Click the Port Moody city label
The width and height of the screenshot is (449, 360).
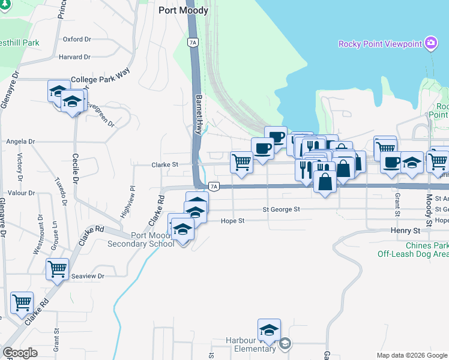(183, 10)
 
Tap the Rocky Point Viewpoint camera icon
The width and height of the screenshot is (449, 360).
(430, 43)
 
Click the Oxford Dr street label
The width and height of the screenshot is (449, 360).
(76, 39)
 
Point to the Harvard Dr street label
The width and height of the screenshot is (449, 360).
(74, 57)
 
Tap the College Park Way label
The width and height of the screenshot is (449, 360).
(100, 79)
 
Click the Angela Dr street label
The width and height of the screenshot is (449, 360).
(20, 142)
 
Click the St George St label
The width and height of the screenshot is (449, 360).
(281, 209)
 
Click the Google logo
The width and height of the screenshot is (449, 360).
(20, 353)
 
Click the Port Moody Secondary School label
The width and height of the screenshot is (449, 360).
(141, 239)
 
